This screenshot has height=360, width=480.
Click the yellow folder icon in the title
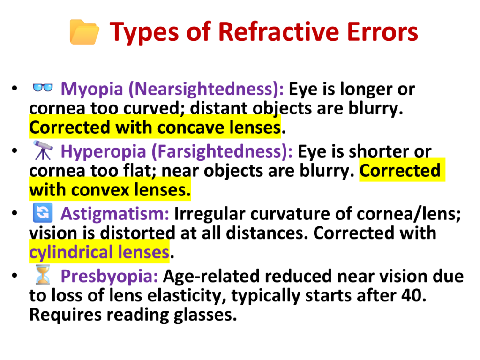[x=84, y=32]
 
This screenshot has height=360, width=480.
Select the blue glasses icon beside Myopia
[x=43, y=88]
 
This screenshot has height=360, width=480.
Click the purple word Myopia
[x=92, y=89]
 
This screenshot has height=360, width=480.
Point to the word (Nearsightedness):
[x=206, y=89]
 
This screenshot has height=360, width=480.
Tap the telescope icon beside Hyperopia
[x=43, y=150]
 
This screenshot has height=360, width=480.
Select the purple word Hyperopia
[x=104, y=151]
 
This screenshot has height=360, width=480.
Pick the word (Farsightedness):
[x=222, y=151]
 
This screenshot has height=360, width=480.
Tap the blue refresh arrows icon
[x=43, y=212]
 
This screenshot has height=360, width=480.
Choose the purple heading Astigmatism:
[x=115, y=214]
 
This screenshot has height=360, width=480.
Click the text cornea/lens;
[x=409, y=214]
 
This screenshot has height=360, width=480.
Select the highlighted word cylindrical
[x=71, y=252]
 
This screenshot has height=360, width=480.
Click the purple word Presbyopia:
[x=109, y=276]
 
